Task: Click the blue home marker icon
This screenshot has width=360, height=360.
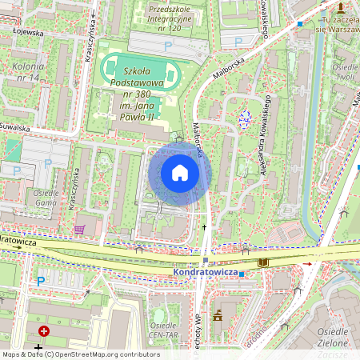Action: (180, 173)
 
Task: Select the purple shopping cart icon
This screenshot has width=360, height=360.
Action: (78, 230)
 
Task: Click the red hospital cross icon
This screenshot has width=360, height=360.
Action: (43, 330)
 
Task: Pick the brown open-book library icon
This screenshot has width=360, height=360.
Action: (263, 262)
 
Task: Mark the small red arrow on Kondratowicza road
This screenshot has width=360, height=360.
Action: (306, 263)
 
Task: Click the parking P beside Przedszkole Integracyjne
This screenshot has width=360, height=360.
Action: (168, 47)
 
